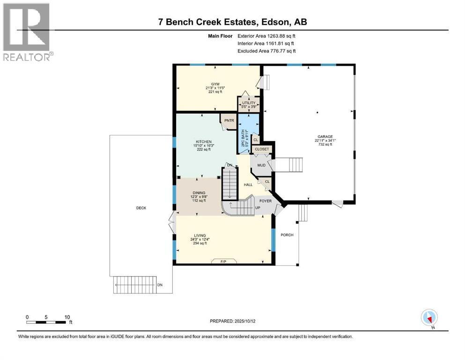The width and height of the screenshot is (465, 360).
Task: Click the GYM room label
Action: [x=202, y=84]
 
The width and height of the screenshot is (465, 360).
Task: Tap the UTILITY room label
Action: [x=249, y=103]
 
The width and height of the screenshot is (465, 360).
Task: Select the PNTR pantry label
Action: [x=229, y=120]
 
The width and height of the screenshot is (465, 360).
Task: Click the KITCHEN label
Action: [x=204, y=142]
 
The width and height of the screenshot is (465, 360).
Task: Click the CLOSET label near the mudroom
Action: [x=262, y=149]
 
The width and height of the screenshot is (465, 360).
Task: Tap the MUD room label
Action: [x=261, y=165]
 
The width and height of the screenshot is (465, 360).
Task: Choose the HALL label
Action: [x=248, y=185]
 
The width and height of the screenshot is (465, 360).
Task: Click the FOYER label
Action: [x=266, y=201]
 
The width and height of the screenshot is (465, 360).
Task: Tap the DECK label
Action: [x=141, y=208]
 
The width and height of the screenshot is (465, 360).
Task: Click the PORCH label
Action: [x=287, y=235]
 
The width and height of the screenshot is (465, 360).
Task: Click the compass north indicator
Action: [x=429, y=317]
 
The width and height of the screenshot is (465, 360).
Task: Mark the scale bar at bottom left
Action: [x=46, y=322]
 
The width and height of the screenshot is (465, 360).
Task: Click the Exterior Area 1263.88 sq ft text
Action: [x=266, y=36]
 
